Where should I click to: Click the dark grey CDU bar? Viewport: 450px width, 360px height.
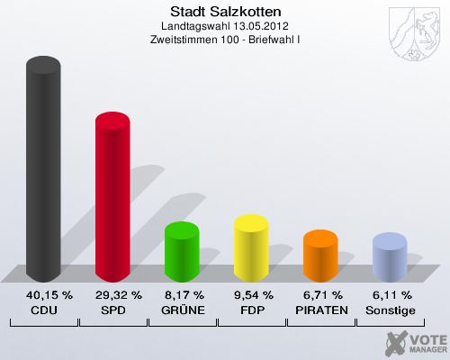point(44,171)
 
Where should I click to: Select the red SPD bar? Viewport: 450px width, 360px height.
point(112,198)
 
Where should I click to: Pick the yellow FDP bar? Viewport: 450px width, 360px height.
point(251,247)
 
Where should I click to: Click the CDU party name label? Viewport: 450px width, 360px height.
point(44,310)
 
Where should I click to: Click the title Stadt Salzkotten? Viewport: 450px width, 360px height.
point(225,12)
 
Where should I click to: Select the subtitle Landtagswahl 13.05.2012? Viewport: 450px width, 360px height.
point(225,26)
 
